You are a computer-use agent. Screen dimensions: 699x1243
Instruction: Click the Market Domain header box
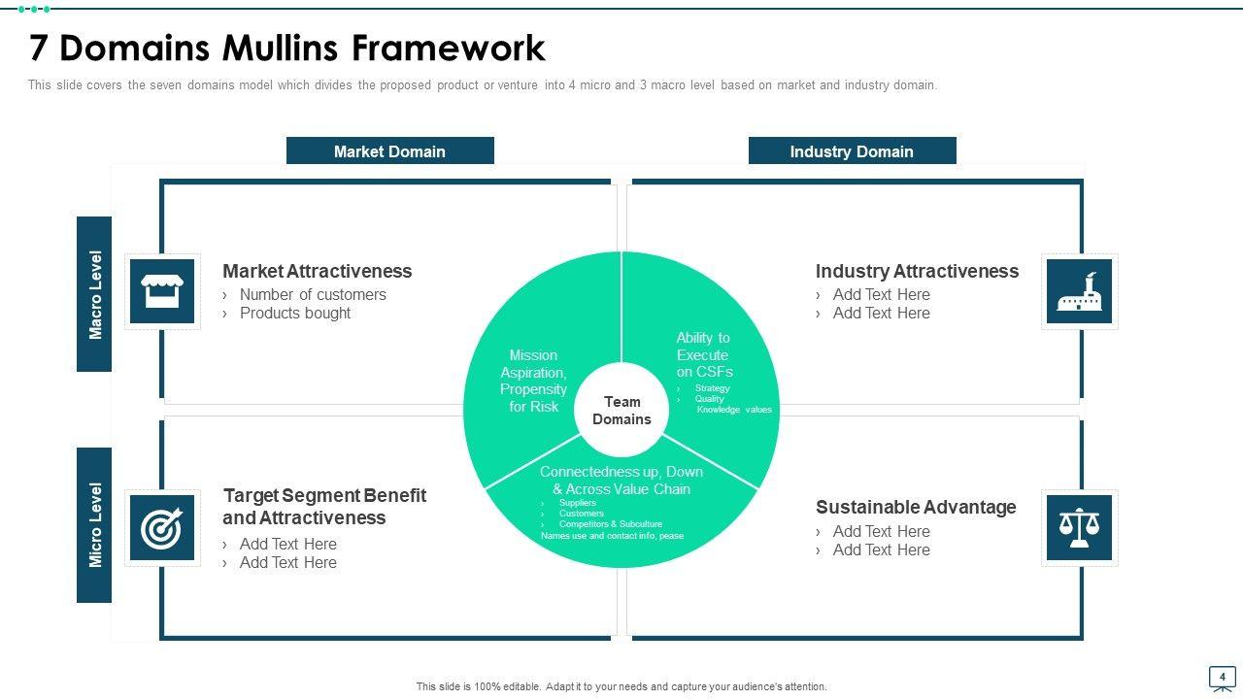389,151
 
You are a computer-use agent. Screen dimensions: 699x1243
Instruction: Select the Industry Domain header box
852,151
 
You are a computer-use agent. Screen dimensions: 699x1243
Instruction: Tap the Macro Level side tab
95,294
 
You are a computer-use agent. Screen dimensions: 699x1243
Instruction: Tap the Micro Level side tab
95,525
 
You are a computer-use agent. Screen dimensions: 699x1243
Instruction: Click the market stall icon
162,291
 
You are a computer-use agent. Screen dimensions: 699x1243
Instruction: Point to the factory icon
1079,291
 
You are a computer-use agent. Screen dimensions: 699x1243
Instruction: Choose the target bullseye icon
162,528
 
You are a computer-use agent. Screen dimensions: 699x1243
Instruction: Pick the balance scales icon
1079,528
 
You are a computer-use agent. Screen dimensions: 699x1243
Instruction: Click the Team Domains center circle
621,410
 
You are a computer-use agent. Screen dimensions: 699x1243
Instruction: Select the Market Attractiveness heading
317,271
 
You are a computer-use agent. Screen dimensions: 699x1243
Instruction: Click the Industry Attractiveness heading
917,271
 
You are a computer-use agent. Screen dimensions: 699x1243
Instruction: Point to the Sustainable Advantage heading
916,507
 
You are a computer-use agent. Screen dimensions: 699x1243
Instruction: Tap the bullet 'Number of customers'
313,294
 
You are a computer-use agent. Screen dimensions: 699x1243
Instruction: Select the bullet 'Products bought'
295,313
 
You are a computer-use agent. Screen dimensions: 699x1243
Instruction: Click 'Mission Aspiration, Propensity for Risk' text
533,381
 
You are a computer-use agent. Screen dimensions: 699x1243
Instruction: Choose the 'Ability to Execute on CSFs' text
704,354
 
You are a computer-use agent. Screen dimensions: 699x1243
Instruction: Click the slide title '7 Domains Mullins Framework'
287,48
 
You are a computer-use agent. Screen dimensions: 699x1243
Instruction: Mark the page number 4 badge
1222,677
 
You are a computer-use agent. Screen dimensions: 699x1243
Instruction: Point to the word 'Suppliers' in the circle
578,503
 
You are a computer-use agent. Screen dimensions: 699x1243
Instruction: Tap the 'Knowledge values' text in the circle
734,410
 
